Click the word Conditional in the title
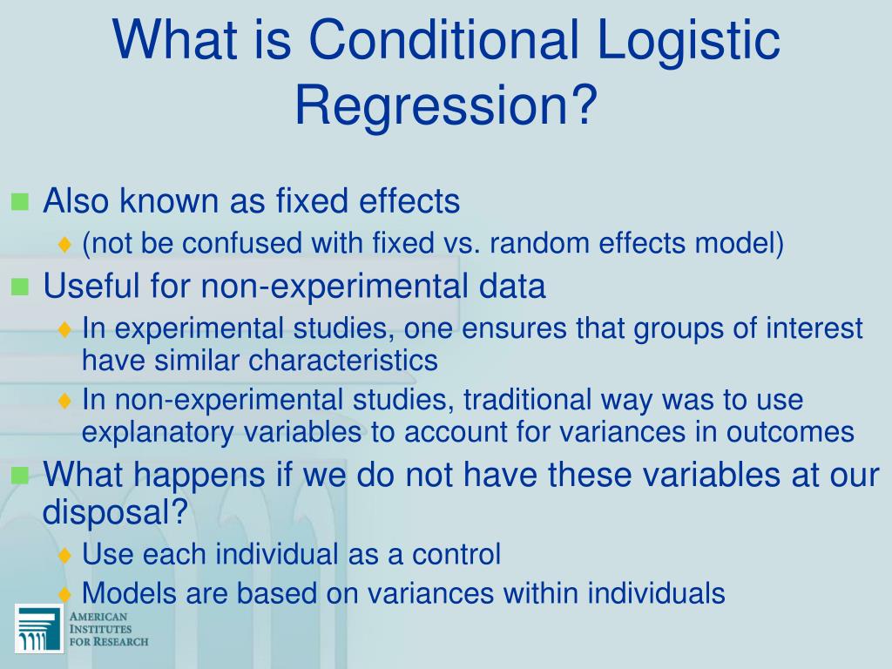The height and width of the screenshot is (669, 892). click(449, 41)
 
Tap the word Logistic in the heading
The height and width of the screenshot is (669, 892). click(688, 41)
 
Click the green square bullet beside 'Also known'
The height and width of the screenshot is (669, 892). click(20, 203)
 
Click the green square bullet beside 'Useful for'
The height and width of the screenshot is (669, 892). click(20, 287)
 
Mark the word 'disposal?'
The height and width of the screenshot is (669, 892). click(115, 513)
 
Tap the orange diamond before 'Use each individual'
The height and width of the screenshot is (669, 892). click(65, 555)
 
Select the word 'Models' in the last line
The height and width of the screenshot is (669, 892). click(123, 593)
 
